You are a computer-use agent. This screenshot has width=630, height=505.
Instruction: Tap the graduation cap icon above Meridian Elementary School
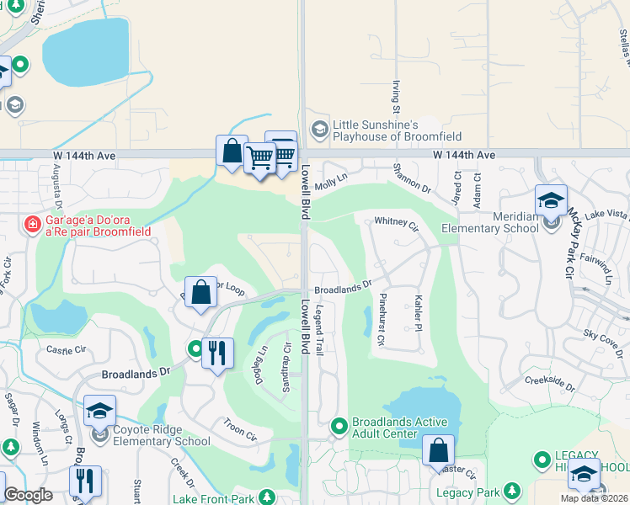pos(551,200)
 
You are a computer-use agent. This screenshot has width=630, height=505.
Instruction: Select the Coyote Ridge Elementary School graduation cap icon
pos(99,411)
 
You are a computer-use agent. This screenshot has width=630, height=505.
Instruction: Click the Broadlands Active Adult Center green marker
pos(339,427)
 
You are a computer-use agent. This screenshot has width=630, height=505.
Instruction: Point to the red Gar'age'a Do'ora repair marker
pos(32,225)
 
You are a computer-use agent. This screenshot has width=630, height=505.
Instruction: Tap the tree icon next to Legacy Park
pos(512,491)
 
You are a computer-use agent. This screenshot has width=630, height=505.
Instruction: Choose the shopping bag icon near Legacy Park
pos(438,450)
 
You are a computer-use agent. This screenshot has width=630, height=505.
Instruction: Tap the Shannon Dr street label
pos(412,178)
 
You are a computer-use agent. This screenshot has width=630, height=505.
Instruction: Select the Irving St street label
pos(396,98)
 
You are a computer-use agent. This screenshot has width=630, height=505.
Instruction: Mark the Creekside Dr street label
pos(549,383)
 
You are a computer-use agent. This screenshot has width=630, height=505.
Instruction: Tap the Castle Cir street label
pos(67,348)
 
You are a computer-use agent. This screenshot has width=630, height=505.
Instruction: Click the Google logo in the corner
pos(29,495)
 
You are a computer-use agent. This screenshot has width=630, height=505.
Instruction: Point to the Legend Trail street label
pos(318,331)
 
